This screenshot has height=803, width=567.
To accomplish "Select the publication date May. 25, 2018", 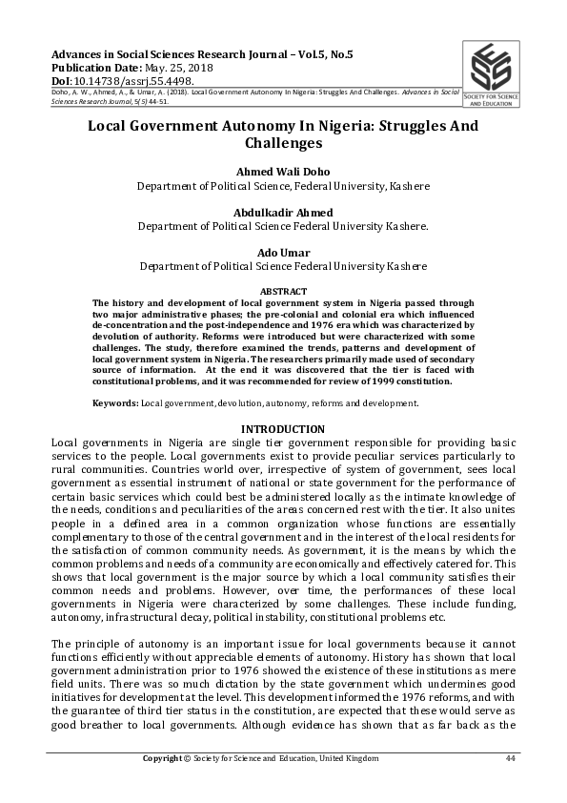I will [x=178, y=69].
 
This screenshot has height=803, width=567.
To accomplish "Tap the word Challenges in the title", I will [x=283, y=144].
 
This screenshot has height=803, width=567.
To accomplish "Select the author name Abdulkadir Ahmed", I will [x=283, y=213].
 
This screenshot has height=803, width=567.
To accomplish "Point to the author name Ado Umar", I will [x=283, y=253].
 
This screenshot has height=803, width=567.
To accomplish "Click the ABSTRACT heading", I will [x=283, y=291].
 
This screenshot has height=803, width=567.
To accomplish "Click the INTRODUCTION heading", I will [x=283, y=429].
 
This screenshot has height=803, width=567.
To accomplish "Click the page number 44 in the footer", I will [x=510, y=758].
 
